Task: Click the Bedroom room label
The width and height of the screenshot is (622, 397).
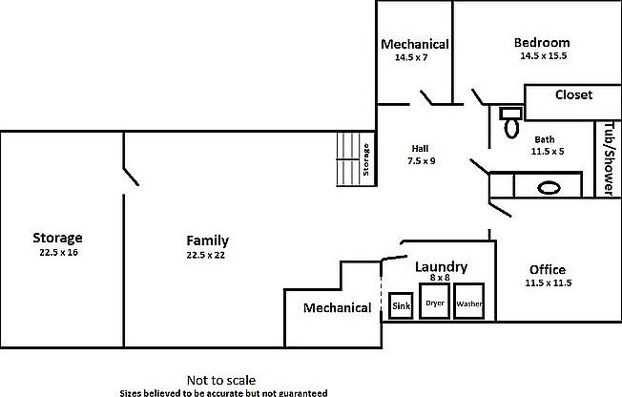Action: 541,42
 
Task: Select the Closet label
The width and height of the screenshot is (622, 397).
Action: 573,95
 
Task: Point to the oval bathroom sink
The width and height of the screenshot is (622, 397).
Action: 549,187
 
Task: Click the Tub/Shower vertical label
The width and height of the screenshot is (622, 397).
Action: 608,158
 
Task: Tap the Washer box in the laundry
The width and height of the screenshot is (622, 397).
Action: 469,303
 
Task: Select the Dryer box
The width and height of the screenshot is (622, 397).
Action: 436,303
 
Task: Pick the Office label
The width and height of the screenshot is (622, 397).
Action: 547,270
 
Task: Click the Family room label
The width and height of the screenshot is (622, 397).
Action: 207,240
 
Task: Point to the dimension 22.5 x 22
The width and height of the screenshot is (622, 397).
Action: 207,255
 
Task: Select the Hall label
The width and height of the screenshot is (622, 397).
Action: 420,148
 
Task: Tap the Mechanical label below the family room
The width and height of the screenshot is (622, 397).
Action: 337,307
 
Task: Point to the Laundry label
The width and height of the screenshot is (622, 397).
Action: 440,267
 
